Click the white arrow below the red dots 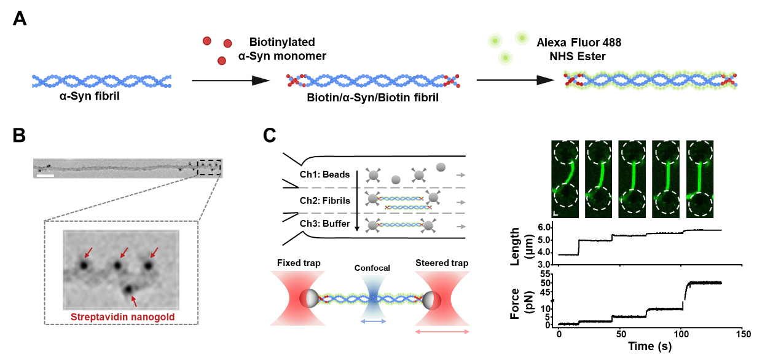(232, 80)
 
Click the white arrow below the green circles (516, 80)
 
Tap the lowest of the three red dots (222, 61)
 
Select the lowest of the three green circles (506, 58)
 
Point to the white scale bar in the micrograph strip (45, 176)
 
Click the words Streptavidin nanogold (122, 318)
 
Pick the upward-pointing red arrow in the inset (135, 300)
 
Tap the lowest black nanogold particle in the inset (128, 289)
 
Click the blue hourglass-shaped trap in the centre (373, 297)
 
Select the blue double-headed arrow (373, 321)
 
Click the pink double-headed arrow (442, 332)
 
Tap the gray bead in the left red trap (312, 298)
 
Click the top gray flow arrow (461, 175)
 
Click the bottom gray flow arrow (461, 227)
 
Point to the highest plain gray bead (441, 166)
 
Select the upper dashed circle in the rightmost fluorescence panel (700, 152)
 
